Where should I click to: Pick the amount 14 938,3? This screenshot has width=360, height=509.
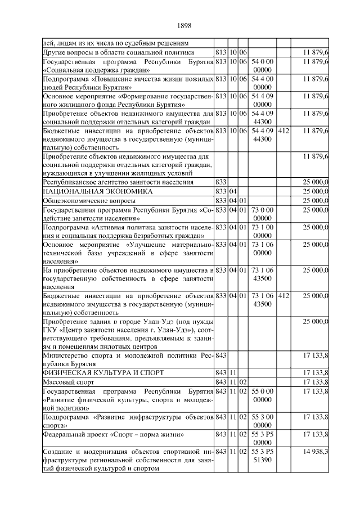pos(316,452)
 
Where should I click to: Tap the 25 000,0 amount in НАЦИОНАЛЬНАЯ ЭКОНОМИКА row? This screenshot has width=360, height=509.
pos(316,191)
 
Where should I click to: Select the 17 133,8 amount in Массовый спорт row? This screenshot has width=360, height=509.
pos(316,382)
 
